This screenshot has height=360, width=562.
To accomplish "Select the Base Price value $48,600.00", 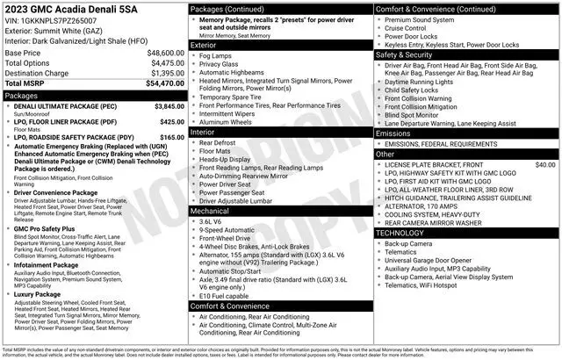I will tap(162, 53).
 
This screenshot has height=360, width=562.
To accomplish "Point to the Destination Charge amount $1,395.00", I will tap(165, 73).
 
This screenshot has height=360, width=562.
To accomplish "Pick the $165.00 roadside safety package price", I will tap(169, 137).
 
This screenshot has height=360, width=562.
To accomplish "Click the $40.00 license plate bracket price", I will tap(545, 164).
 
